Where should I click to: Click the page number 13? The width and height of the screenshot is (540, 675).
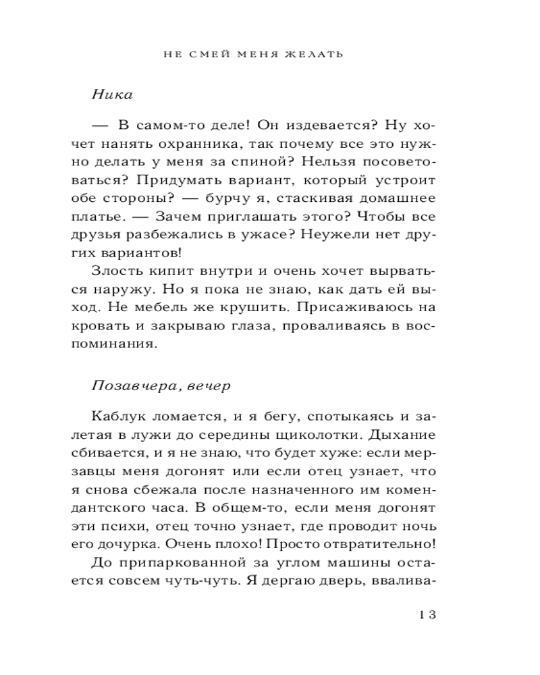[428, 615]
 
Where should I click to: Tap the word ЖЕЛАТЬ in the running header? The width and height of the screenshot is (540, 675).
[316, 54]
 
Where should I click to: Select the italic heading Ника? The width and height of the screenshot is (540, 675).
[111, 94]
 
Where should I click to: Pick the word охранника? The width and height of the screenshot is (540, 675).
[196, 144]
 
